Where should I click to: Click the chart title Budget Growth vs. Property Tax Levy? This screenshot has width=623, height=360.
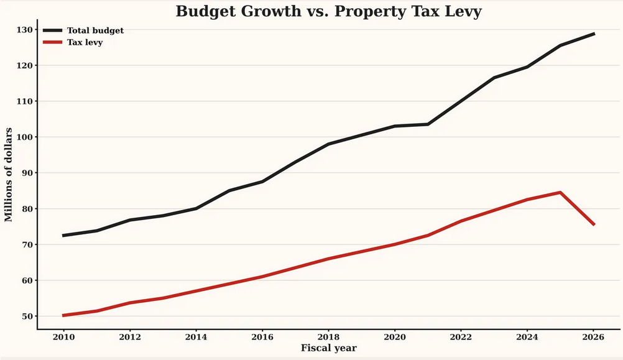(x=328, y=11)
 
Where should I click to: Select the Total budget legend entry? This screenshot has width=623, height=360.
(x=95, y=30)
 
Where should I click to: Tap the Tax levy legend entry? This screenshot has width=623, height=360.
(x=85, y=42)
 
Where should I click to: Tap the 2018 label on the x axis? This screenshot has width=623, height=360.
(x=328, y=337)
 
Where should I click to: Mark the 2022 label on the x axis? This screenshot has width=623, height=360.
(x=461, y=337)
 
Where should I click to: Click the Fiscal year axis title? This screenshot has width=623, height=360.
(x=328, y=348)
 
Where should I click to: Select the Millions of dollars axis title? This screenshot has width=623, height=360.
(x=9, y=174)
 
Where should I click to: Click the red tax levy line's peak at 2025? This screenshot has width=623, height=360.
(x=560, y=193)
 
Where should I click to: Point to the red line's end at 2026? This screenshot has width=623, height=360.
(x=594, y=224)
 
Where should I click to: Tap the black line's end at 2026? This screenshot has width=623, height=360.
(x=594, y=34)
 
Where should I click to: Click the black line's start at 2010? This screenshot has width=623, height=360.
(x=63, y=236)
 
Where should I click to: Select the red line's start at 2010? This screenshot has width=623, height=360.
(x=63, y=315)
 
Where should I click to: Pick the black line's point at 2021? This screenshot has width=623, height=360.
(x=428, y=124)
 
